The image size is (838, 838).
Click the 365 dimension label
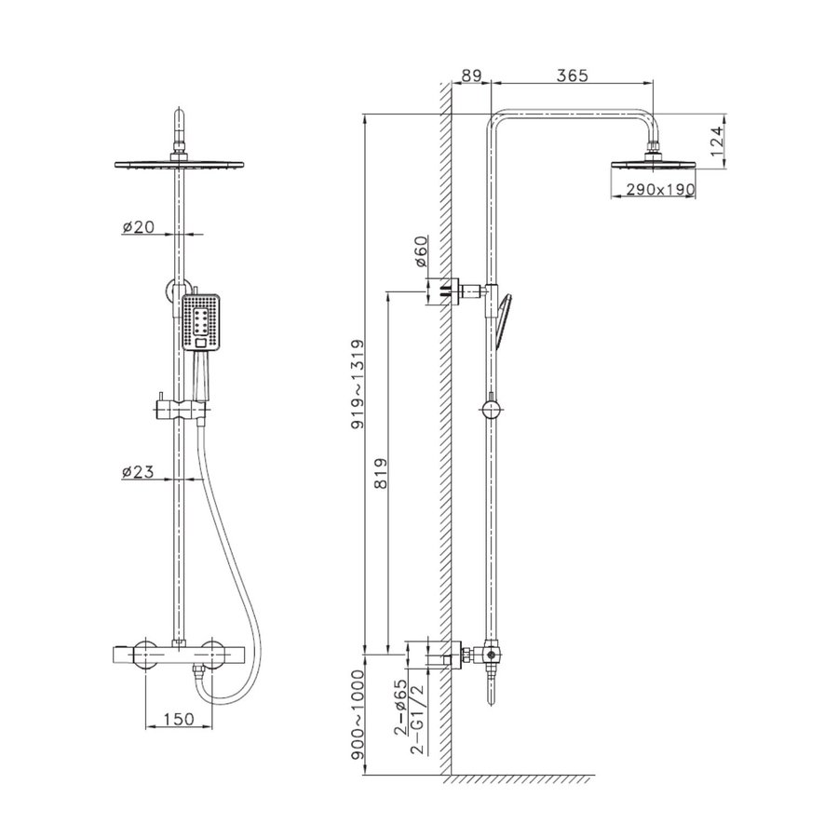tap(572, 75)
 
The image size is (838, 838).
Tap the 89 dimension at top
tap(471, 75)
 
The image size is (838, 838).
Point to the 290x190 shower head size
tap(660, 189)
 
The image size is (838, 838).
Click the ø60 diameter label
tap(421, 251)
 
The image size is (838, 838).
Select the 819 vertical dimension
tap(380, 474)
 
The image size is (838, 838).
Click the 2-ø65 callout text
tap(400, 708)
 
